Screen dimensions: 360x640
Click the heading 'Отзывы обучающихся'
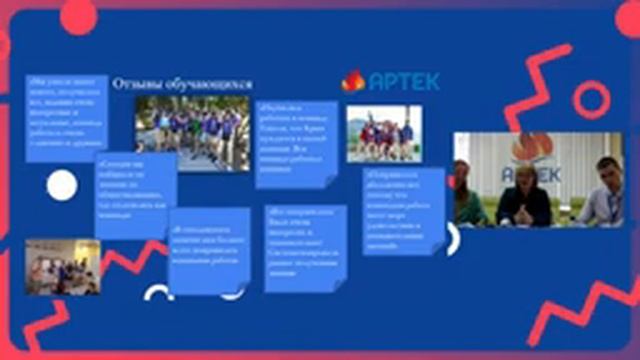coord(181,84)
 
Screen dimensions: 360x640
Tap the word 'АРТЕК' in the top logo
coord(403,81)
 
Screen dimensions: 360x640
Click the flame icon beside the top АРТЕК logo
coord(353,81)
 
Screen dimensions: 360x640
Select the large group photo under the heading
coord(192,132)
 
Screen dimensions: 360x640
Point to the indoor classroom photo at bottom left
coord(62,266)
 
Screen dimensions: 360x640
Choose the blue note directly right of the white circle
coord(136,181)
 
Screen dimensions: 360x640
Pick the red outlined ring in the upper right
coord(591,100)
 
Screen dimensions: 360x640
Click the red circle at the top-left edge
coord(78,14)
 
